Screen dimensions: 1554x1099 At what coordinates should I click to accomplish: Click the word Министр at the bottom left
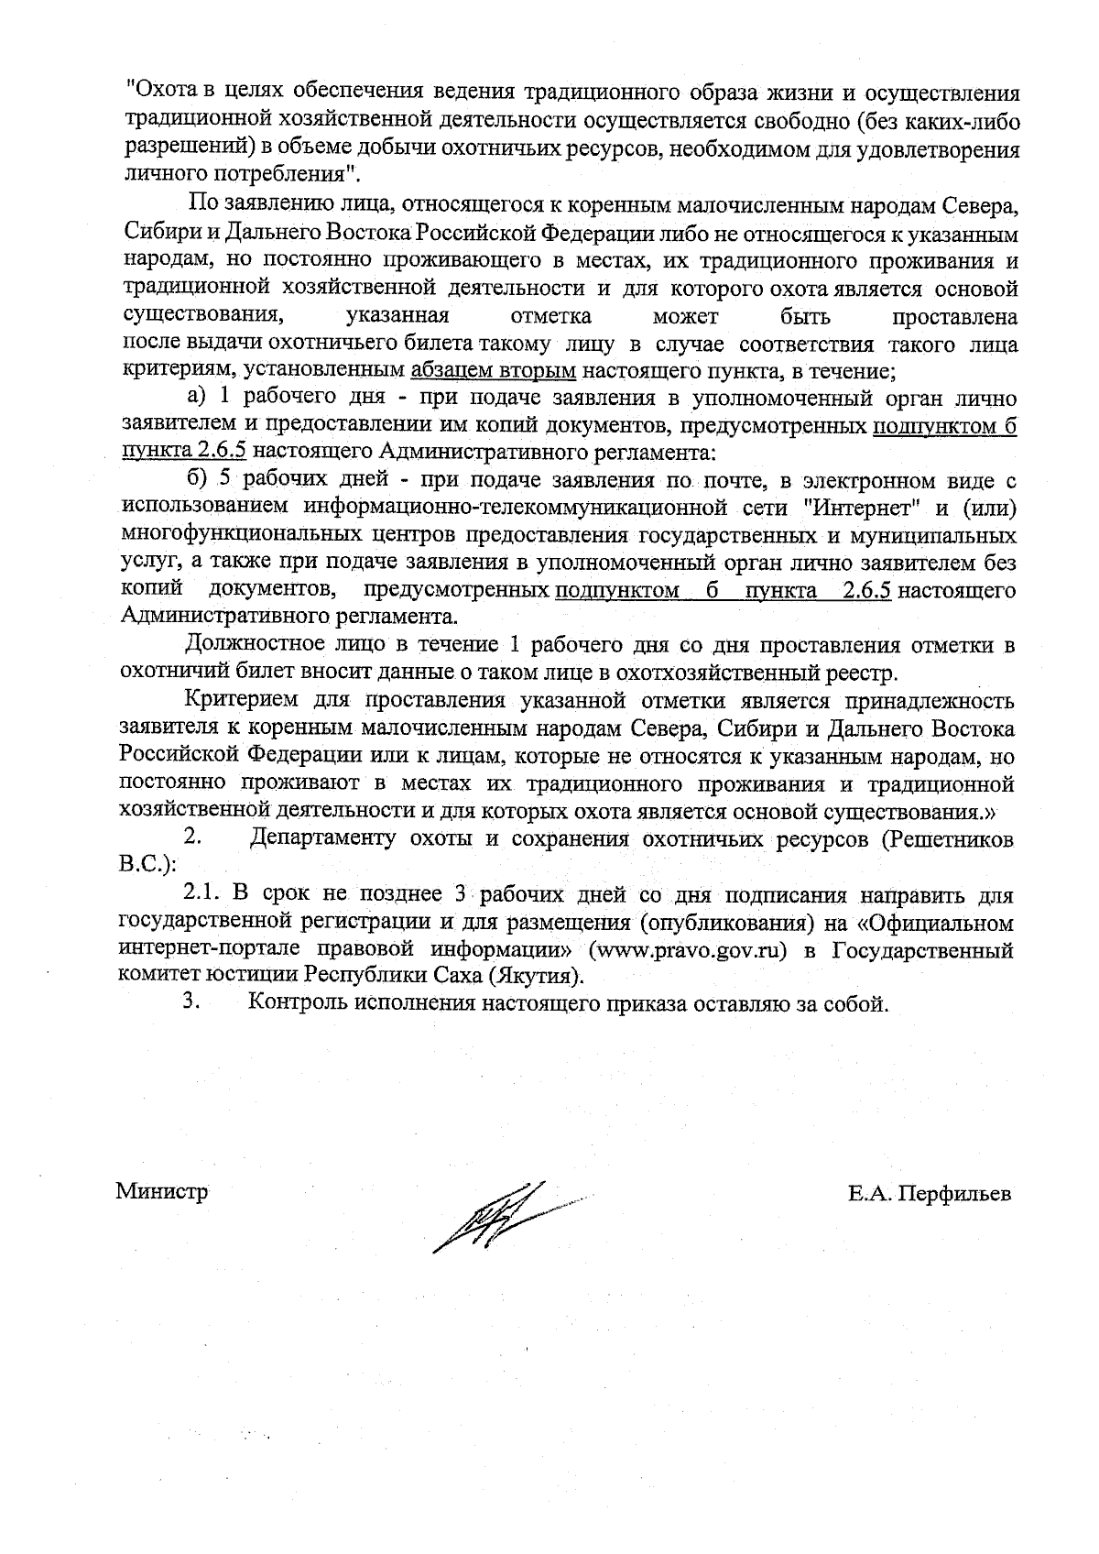click(161, 1192)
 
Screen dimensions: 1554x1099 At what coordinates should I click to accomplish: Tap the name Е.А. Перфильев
click(930, 1193)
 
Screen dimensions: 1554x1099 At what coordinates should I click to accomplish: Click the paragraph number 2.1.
click(203, 894)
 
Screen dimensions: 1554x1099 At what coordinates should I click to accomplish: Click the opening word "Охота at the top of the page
click(161, 93)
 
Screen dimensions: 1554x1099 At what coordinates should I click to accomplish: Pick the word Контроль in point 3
click(295, 1002)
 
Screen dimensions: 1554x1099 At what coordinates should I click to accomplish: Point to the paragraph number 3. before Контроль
click(191, 1001)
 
